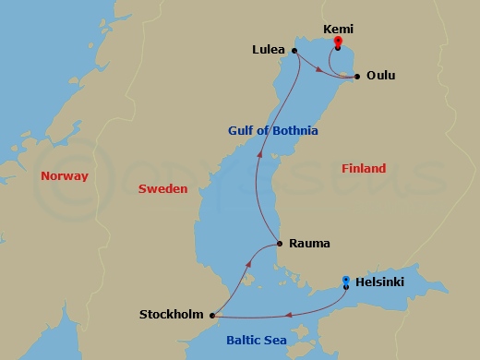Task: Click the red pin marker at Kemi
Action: point(338,42)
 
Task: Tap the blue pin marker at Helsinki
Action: point(345,281)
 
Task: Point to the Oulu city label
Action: point(380,76)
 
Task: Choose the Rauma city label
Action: point(309,244)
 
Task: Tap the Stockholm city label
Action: point(171,315)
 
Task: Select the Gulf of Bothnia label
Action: point(272,131)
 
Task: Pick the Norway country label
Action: point(65,175)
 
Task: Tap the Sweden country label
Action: point(162,188)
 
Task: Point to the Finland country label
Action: point(364,168)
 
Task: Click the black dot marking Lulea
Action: point(294,51)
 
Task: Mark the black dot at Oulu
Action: point(356,76)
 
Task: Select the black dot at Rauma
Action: point(279,244)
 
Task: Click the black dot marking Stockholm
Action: point(212,315)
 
